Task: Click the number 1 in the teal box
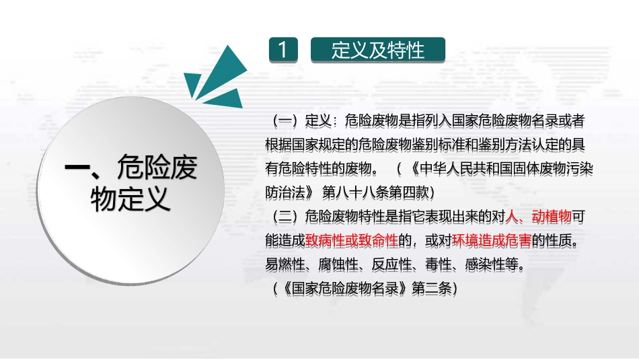coord(283,50)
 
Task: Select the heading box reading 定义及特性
coord(377,50)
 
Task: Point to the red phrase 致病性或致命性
coord(351,240)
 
